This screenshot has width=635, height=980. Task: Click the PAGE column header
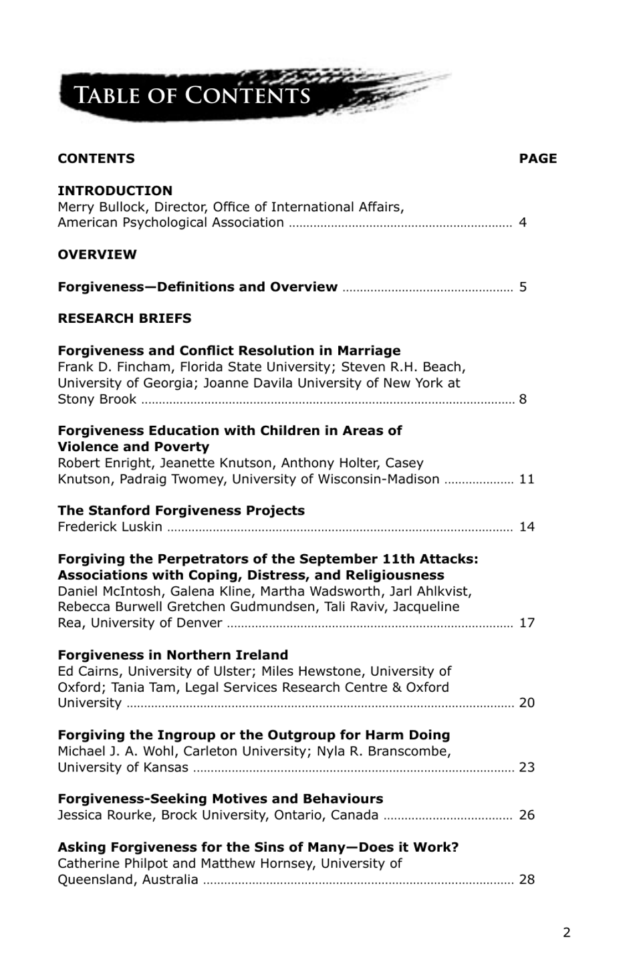537,158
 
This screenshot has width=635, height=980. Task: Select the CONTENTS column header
96,158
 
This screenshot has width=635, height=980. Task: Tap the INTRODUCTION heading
115,191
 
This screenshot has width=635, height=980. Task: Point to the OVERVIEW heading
97,255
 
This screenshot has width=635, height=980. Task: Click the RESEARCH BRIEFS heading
124,318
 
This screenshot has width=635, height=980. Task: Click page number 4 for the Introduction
523,223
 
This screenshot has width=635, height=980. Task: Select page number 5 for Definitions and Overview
523,287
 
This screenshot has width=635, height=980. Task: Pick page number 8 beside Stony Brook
523,399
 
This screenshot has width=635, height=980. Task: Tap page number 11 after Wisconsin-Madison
527,479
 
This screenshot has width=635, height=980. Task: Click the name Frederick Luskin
110,527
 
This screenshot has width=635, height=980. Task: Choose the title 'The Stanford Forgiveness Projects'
181,511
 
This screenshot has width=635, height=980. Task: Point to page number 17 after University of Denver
527,623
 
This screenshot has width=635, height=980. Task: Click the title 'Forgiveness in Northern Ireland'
173,655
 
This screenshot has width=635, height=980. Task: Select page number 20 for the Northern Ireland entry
527,703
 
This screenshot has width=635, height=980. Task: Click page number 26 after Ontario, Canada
527,815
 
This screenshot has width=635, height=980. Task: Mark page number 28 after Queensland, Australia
527,879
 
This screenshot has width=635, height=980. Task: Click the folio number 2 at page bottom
567,933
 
